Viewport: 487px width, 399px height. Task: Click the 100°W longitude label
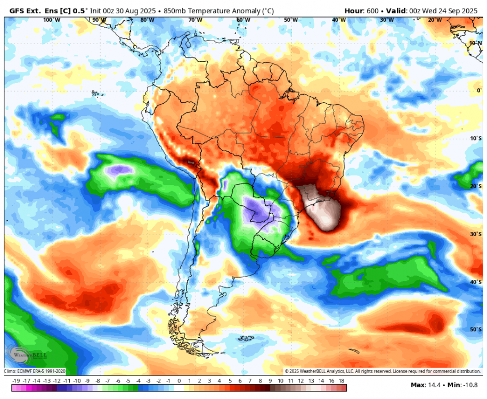click(x=51, y=20)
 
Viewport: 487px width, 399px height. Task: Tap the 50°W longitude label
click(x=291, y=20)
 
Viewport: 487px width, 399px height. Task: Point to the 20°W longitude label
click(x=435, y=20)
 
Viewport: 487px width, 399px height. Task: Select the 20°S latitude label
click(x=476, y=186)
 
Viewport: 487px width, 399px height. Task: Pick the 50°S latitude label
click(x=476, y=329)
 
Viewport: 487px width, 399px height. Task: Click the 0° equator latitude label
click(x=479, y=90)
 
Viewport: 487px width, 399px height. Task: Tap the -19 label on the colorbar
click(x=16, y=381)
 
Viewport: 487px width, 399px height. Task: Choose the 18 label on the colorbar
click(x=341, y=381)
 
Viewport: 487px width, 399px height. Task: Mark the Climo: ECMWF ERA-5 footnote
click(x=35, y=371)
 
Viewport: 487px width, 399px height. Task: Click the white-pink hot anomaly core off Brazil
click(x=321, y=207)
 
